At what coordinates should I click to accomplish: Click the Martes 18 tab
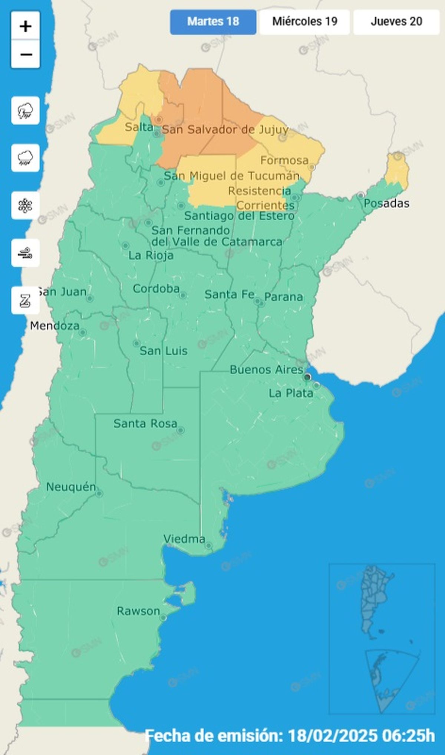coord(213,22)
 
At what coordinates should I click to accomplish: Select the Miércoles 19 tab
coord(304,22)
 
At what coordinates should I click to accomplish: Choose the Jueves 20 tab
coord(396,22)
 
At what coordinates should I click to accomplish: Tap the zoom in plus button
coord(25,26)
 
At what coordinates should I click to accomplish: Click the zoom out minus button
coord(25,55)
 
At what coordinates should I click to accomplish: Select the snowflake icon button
coord(25,205)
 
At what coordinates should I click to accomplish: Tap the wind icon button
coord(25,253)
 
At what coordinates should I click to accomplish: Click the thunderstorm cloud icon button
coord(25,111)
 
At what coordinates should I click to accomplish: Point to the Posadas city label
coord(386,203)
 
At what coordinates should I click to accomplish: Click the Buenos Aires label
coord(266,370)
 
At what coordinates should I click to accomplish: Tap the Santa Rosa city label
coord(145,424)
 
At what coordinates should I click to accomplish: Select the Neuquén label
coord(71,487)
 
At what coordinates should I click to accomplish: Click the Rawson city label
coord(138,611)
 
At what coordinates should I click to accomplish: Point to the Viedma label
coord(184,539)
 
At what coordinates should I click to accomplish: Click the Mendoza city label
coord(55,326)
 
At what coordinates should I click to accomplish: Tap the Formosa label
coord(284,160)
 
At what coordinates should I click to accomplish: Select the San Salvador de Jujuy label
coord(225,130)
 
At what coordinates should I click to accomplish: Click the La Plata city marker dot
coord(316,386)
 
